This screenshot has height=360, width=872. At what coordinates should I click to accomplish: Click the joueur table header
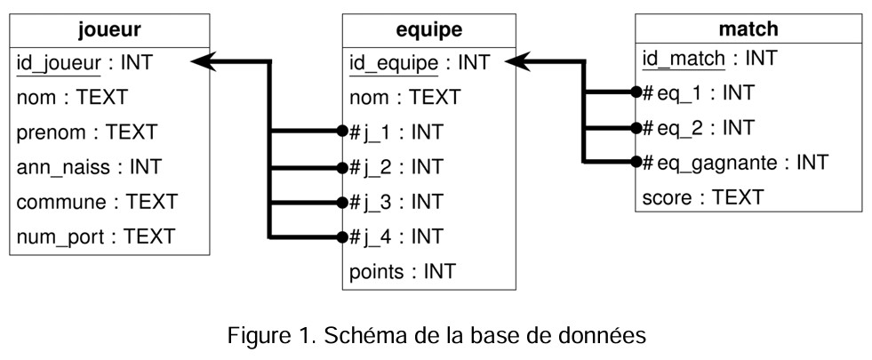tap(109, 29)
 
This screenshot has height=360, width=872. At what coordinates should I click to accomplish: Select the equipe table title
tap(428, 29)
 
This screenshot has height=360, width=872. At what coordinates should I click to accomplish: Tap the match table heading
tap(749, 29)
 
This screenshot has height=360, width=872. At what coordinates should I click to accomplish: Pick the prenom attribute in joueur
tap(86, 132)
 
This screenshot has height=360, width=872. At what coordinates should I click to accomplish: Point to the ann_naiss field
tap(89, 167)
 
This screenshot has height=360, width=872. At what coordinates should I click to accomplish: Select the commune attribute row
tap(97, 202)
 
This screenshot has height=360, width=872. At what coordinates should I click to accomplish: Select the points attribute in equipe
tap(403, 271)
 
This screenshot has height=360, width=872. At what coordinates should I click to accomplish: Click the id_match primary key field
tap(709, 59)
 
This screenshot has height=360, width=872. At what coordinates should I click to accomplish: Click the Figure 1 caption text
tap(436, 337)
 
